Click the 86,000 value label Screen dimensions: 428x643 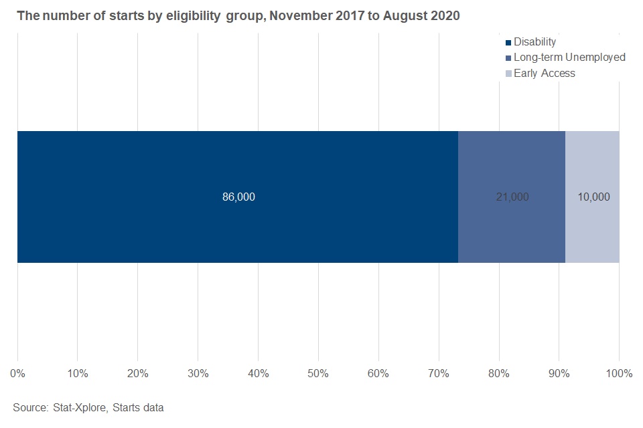click(x=238, y=197)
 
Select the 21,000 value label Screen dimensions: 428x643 click(x=512, y=197)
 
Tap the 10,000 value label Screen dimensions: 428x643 click(x=593, y=197)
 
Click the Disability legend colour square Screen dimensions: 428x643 click(x=508, y=43)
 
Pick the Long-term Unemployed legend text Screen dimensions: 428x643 click(x=569, y=58)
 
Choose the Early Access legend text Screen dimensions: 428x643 click(x=544, y=74)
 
